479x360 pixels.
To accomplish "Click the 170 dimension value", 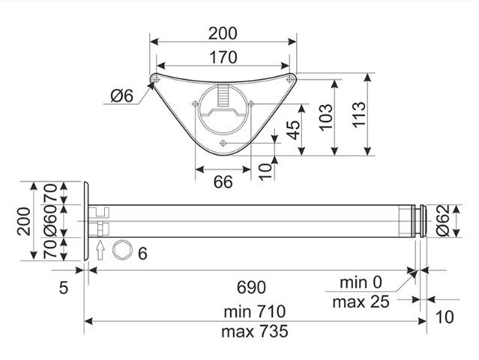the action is pos(223,58).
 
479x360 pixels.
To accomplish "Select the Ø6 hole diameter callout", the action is pos(122,96).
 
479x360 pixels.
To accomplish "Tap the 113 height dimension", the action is pos(360,115).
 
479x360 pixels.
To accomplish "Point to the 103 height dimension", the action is pos(325,117).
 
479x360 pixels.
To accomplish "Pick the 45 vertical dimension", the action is pos(294,130).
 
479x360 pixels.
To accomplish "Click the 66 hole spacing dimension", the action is pos(223,182).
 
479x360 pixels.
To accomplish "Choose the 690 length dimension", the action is pos(251,287).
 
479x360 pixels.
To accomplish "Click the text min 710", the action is pos(255,312).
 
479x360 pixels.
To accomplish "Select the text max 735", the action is pos(255,331).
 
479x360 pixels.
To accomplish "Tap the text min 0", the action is pos(361,282).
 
